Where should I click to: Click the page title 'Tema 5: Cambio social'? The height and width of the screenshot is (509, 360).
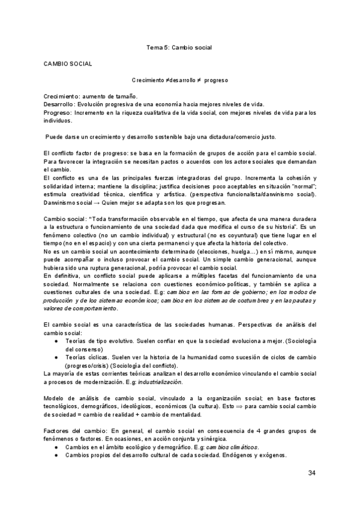180,46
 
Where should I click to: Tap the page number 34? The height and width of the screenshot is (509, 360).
311,474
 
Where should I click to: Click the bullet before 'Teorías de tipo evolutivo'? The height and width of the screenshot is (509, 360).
55,341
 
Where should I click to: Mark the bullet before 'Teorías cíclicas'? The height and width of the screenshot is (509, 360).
55,357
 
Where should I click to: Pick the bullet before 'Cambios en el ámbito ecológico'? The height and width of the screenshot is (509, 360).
55,447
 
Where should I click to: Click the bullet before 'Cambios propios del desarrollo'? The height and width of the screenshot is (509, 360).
55,455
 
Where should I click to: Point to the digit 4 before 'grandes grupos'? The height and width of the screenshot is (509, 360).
241,432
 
